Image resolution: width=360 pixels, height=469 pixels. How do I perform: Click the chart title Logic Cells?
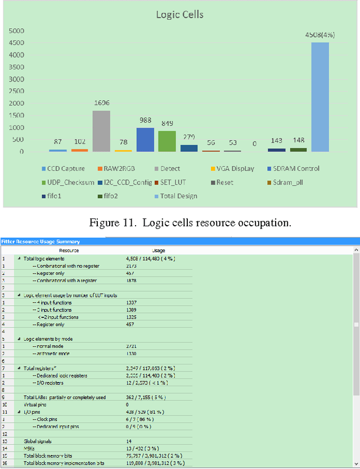180,14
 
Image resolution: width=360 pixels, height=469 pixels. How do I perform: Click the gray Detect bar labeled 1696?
101,131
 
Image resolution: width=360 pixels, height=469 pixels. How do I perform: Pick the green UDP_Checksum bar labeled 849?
166,141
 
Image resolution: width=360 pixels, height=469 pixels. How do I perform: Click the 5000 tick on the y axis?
15,30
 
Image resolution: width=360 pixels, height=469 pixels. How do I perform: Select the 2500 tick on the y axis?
15,91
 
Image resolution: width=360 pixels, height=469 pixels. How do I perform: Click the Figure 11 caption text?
190,222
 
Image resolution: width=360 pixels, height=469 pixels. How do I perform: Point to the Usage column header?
158,250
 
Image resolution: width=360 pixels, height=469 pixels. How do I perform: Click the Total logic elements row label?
47,258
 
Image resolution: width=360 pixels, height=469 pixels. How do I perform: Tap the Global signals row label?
38,441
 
